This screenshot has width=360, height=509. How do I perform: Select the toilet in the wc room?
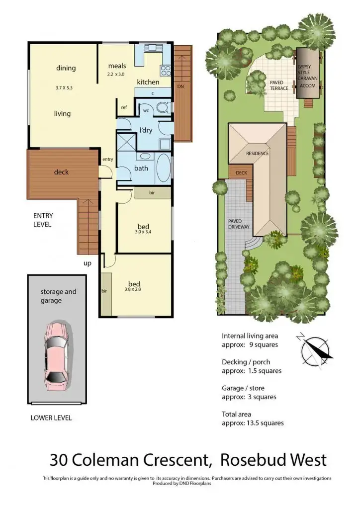(x=161, y=108)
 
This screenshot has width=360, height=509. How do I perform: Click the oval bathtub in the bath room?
(x=163, y=168)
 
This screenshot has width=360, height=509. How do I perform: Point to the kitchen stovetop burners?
(x=165, y=70)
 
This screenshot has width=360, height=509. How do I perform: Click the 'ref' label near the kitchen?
(x=124, y=107)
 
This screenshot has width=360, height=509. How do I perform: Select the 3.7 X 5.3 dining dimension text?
(x=64, y=88)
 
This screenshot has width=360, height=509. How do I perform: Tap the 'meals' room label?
(x=117, y=66)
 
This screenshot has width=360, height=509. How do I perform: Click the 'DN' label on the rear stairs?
(x=180, y=86)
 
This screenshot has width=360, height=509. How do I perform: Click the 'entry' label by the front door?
(x=108, y=159)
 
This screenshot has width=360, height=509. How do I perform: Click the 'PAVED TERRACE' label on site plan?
(x=278, y=85)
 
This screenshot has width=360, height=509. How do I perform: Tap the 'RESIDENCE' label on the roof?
(x=257, y=154)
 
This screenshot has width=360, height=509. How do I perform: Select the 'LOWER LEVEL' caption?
(x=51, y=418)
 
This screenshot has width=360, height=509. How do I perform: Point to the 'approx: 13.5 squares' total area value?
(x=253, y=423)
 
